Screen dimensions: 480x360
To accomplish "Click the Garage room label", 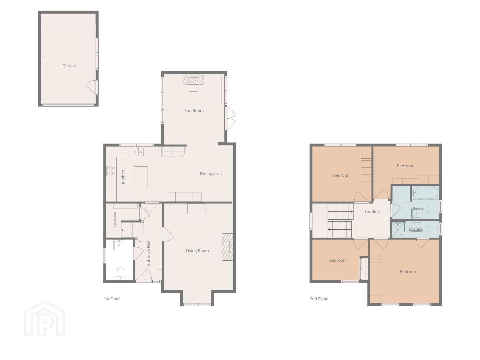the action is tap(69, 66).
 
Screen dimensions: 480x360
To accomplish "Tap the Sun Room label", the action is tap(194, 111).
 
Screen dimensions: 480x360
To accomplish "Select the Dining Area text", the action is tap(211, 174).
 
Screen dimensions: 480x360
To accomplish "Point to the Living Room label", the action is tap(197, 251).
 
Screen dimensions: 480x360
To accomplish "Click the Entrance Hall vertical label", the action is tap(148, 253).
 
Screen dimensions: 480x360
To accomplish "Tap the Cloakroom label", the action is tap(115, 220).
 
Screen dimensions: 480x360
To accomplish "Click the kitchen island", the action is tap(141, 177).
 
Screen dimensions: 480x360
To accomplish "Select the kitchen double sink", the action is tap(138, 152).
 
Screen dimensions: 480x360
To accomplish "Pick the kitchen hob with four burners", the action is tap(111, 171).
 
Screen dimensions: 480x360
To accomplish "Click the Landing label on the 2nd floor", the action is tap(372, 212).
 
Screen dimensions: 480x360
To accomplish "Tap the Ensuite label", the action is tap(416, 229).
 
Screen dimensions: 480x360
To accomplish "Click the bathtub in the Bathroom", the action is tap(425, 193).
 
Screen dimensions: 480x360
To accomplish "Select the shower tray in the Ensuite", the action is tap(398, 230).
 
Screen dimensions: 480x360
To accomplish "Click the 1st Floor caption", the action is tap(112, 299).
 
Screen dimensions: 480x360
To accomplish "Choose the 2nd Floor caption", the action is tap(319, 299).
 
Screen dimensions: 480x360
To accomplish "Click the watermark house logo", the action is tap(45, 318).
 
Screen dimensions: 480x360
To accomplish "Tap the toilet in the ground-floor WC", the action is tap(120, 274).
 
